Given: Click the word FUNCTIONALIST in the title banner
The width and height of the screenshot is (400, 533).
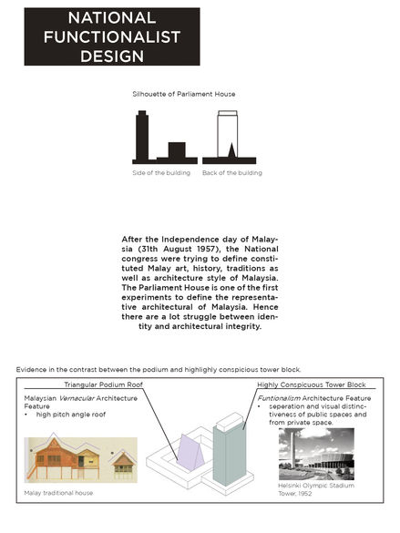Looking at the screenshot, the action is pos(112,37).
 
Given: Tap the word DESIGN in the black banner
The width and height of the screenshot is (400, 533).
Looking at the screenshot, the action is pos(112,56).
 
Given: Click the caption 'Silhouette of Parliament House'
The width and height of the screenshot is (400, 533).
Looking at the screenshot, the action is pos(184,94).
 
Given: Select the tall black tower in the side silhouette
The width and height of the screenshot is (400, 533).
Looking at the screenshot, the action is pos(142,135).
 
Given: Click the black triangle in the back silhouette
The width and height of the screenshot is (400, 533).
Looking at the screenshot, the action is pos(231,151).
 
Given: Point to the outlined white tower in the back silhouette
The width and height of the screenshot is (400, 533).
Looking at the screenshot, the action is pos(228,134).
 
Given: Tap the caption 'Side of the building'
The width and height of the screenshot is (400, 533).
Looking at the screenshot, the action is pos(161,173).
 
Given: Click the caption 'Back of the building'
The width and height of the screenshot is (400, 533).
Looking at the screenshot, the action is pos(232,173).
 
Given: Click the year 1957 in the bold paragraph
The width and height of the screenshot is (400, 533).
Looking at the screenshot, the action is pos(206,249).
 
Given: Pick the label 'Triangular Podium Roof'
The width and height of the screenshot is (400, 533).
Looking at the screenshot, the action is pos(103,384).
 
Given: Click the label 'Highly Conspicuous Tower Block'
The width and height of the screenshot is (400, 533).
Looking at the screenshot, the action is pos(312,384).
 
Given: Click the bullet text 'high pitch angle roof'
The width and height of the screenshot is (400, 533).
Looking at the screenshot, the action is pos(71,415).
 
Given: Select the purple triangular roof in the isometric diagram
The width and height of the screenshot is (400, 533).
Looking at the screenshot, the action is pos(190,453).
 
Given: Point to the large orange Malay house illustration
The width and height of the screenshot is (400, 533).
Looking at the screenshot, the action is pos(66,457).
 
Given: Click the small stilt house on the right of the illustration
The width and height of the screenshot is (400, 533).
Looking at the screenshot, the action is pos(123,463).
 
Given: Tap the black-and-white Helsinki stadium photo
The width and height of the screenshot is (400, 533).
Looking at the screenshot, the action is pos(316,454).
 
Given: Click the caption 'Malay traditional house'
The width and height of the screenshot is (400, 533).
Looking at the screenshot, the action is pos(58,493).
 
